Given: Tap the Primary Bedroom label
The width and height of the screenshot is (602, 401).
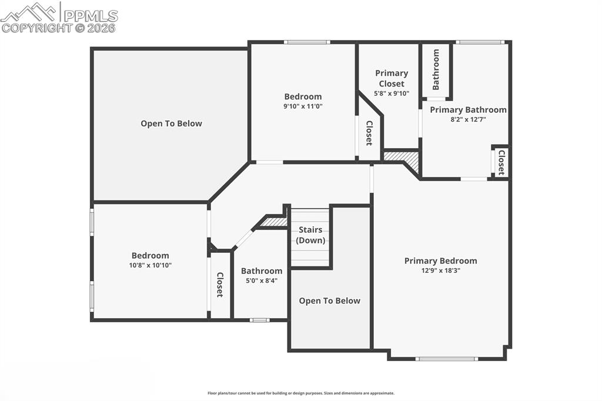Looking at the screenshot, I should point(440,260).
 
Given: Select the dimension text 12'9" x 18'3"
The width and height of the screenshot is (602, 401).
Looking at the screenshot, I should point(440,270).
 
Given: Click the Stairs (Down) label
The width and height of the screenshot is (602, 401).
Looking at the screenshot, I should point(310,235).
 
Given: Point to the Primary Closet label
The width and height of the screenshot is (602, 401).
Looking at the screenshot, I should point(392,78).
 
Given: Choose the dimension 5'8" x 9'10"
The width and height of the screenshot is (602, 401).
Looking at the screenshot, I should point(392,93).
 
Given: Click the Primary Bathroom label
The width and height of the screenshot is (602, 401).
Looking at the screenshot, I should point(468,109).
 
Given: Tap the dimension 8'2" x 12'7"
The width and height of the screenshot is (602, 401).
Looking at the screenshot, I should point(468,119).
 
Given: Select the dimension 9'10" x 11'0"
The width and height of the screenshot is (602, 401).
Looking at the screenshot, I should point(303,106).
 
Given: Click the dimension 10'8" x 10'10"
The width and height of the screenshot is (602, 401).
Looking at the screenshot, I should point(150,265).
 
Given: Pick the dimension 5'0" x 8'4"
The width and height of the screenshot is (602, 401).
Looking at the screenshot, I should point(262,280).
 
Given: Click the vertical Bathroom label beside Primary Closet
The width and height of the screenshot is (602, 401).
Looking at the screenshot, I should point(436,69).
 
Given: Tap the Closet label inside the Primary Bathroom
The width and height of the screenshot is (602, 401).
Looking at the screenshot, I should point(501,163).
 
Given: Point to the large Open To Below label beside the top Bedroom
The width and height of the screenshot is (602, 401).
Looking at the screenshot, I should point(171,123).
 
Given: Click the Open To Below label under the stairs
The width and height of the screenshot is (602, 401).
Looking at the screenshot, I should point(329,300).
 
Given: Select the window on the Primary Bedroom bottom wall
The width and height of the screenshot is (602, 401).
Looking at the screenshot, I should point(446,359).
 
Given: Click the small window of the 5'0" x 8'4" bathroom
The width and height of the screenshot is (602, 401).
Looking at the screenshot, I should point(259,320).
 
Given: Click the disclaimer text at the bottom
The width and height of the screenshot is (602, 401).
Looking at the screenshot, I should point(300,393).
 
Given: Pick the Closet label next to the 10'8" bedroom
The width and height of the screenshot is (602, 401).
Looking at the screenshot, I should point(219,285).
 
